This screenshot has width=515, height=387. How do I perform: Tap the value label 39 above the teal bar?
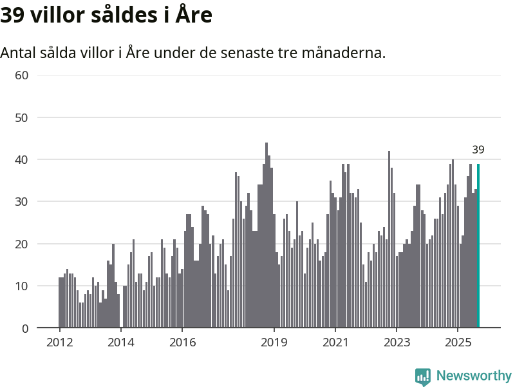[478, 150]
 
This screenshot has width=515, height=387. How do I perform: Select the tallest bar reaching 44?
[267, 235]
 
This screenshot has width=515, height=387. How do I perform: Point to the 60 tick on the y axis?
[22, 75]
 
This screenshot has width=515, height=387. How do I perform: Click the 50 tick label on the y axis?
[22, 117]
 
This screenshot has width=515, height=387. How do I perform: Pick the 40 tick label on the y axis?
[22, 159]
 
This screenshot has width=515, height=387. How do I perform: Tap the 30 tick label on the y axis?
[22, 202]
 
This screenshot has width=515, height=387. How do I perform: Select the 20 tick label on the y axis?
[22, 244]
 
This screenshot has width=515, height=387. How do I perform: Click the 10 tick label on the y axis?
[22, 286]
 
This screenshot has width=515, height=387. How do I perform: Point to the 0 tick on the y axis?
[25, 328]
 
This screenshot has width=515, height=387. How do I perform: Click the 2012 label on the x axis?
[59, 342]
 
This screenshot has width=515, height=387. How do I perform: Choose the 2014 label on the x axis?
[120, 342]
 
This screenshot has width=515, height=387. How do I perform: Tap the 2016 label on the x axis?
[182, 342]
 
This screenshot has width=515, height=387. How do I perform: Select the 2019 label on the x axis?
[274, 342]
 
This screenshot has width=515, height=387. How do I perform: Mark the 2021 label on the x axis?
[335, 342]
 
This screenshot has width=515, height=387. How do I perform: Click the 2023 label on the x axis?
[396, 342]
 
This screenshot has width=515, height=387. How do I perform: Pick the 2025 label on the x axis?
[457, 342]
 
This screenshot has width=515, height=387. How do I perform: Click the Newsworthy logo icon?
[423, 377]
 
